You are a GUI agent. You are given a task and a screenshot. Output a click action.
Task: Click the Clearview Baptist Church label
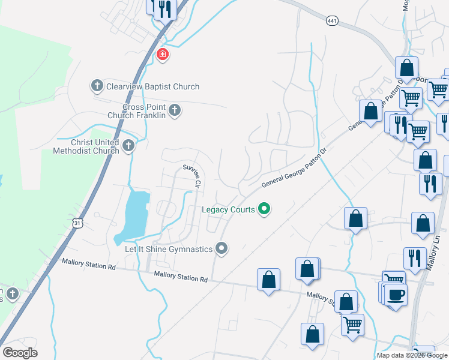(152, 86)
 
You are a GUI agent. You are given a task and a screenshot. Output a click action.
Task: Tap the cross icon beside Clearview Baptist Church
(97, 86)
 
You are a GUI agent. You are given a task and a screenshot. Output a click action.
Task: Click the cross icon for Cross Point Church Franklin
(174, 110)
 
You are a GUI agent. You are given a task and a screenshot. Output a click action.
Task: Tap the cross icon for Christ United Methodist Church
(128, 146)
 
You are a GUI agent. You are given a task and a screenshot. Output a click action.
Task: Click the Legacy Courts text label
(228, 209)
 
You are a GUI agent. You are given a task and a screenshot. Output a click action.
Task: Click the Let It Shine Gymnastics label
(169, 249)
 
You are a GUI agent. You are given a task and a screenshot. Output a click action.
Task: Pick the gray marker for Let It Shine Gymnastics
(222, 248)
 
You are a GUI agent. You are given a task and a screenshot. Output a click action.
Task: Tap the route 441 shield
(332, 22)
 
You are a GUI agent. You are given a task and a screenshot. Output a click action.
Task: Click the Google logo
(20, 353)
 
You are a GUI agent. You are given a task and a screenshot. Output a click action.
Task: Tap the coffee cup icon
(396, 295)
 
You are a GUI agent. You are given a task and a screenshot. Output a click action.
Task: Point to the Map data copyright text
(412, 355)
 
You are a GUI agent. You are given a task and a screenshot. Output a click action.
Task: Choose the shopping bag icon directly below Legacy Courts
(268, 279)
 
